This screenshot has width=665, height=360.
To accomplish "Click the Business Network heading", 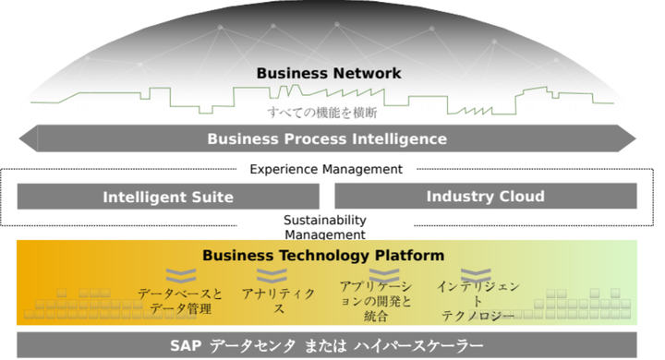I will tap(329, 73).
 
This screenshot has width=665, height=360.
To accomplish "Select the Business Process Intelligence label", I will tap(327, 139).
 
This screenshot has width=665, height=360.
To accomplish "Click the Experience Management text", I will tap(327, 169).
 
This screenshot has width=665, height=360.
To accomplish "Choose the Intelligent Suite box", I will tap(168, 197).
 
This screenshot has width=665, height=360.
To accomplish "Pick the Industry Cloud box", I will tap(485, 196).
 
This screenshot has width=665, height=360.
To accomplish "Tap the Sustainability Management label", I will tap(324, 227).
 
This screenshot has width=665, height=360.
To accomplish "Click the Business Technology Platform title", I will tap(323, 255).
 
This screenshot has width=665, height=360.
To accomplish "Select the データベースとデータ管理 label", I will tap(180, 301).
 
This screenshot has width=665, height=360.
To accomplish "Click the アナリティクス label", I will tap(277, 301).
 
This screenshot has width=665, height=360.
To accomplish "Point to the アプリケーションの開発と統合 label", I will tap(376, 301).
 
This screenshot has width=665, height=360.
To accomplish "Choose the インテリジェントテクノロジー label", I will tap(478, 301).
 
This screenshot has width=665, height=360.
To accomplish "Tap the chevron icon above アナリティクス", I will tap(273, 275).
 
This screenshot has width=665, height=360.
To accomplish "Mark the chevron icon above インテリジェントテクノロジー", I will tap(476, 274).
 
